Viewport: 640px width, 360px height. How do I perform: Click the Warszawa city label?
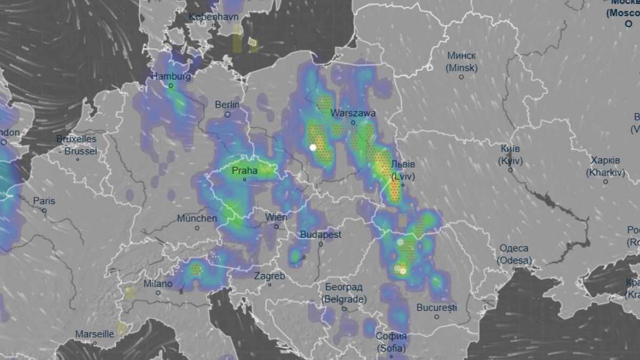353,113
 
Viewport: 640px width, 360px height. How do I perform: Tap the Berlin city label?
227,105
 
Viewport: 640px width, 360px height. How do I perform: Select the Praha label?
245,171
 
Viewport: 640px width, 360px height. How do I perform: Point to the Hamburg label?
171,76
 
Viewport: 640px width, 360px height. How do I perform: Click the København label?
213,17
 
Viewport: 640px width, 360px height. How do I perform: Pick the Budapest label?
321,235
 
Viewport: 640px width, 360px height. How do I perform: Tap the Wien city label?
276,217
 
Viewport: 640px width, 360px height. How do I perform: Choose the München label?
197,218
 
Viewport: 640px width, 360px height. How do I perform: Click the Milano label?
158,284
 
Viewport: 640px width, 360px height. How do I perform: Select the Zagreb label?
269,276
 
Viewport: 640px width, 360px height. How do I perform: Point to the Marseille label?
94,334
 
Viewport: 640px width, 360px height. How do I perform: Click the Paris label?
44,201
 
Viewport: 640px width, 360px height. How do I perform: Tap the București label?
437,308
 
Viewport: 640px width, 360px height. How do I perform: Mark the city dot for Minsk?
461,77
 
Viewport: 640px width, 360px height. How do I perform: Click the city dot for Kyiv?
510,170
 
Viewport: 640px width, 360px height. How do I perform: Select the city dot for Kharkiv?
605,181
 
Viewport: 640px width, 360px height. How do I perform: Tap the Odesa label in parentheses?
514,260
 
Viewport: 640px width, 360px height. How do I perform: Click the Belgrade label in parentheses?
344,299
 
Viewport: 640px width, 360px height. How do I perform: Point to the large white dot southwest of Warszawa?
313,147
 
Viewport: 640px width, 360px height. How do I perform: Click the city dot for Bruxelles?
77,159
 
